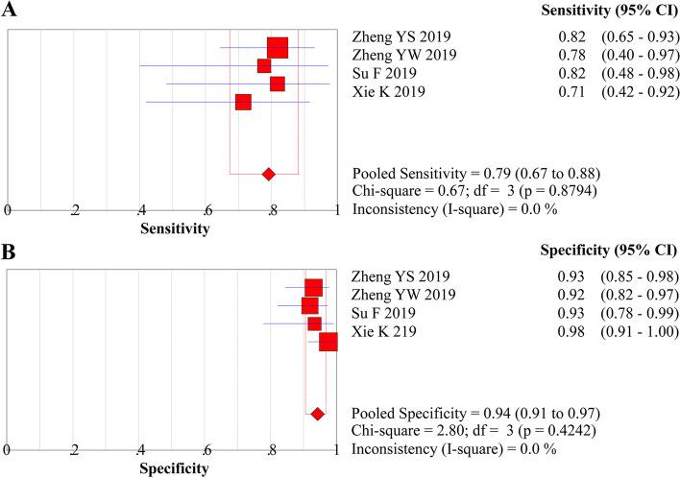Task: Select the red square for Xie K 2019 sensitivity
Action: [x=243, y=102]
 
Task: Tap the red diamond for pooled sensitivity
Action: [x=269, y=174]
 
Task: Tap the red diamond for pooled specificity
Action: [x=317, y=414]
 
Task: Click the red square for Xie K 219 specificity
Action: [x=328, y=343]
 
